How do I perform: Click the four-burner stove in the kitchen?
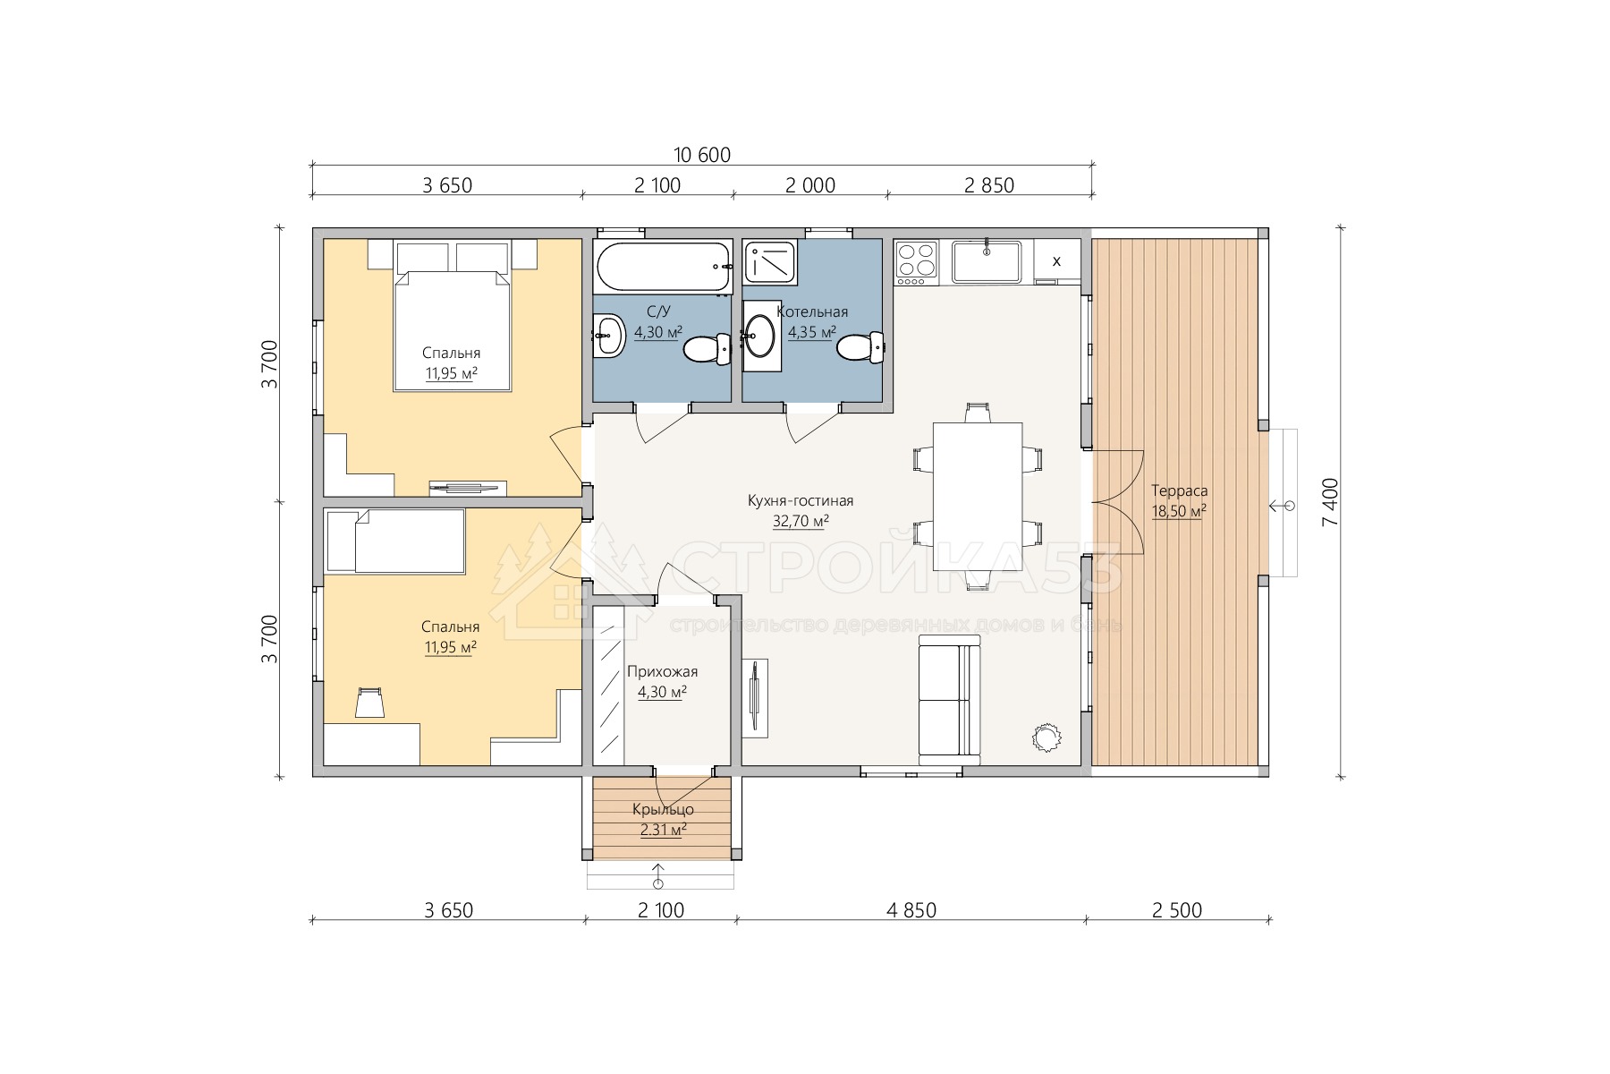click(916, 260)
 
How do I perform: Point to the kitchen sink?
click(986, 260)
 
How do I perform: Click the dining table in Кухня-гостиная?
click(978, 496)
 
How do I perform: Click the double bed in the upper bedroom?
click(453, 330)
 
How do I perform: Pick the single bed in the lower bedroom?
click(395, 541)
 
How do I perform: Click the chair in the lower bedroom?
click(369, 703)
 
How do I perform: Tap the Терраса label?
click(1179, 490)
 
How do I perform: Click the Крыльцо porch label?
click(663, 810)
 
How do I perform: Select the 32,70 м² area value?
click(800, 521)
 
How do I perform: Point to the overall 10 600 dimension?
click(702, 155)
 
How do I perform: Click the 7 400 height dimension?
click(1330, 501)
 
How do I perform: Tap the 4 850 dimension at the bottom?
click(911, 910)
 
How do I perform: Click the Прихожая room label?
click(662, 672)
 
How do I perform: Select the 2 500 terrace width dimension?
click(1177, 910)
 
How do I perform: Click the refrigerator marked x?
click(1056, 261)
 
